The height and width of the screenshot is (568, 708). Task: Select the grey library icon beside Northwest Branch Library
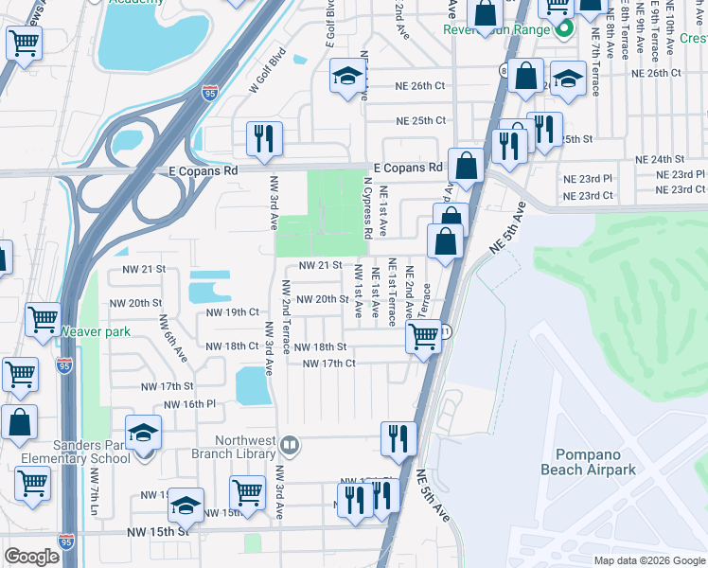pos(291,442)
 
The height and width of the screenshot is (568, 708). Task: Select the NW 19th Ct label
pos(233,311)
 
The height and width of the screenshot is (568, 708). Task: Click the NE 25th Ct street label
pos(421,121)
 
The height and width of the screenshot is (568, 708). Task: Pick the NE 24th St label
pos(660,160)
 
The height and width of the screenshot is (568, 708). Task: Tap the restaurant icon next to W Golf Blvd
pos(261,138)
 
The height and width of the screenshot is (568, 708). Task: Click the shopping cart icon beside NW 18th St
pos(424,336)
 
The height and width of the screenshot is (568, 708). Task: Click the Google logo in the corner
pos(31,557)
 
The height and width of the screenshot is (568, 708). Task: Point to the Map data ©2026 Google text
pos(648,559)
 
